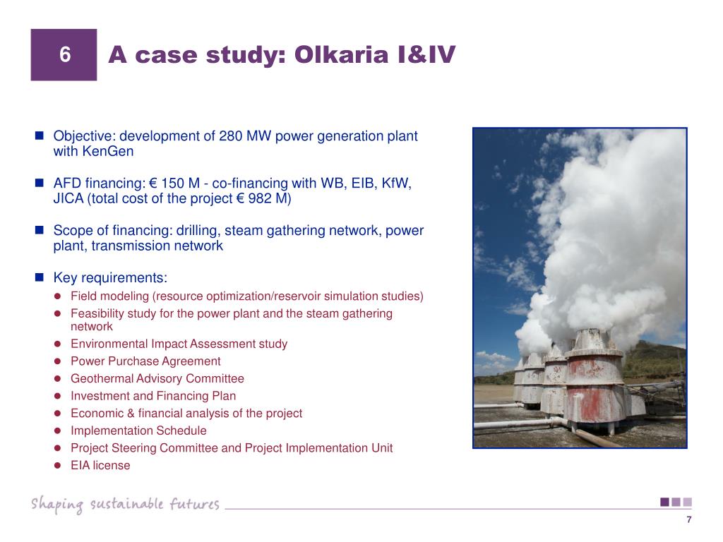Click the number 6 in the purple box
[x=65, y=55]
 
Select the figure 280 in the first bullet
[x=231, y=136]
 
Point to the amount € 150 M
[x=174, y=183]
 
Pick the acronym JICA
[x=68, y=198]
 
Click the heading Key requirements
[x=110, y=278]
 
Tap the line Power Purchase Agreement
[x=145, y=361]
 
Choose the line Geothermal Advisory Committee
[x=157, y=378]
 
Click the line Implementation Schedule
[x=138, y=430]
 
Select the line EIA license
[x=100, y=466]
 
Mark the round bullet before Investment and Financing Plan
[x=58, y=396]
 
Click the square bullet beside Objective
[x=40, y=135]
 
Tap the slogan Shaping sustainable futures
[x=125, y=504]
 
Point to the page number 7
[x=689, y=519]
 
